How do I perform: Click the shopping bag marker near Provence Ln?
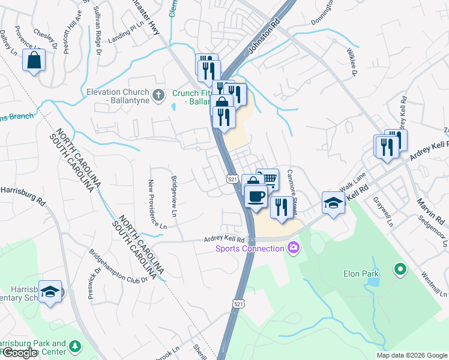[34, 61]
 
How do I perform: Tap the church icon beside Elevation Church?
[158, 94]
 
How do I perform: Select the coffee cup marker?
[256, 196]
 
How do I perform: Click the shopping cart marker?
[269, 179]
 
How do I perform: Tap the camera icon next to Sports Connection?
[293, 247]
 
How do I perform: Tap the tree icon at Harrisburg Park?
[75, 346]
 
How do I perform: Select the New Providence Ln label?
[158, 205]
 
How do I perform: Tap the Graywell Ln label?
[383, 212]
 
